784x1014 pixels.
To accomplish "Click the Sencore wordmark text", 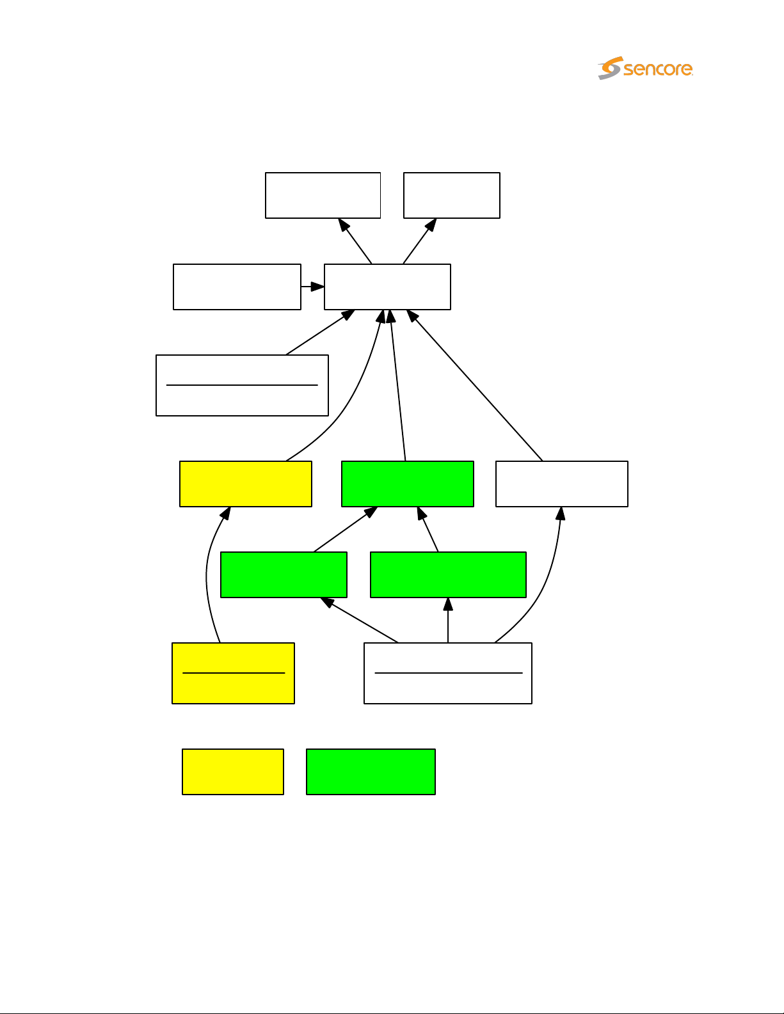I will [x=658, y=69].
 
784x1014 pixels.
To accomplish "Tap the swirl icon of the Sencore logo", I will [x=610, y=68].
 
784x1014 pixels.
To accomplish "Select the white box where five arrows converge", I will [x=387, y=287].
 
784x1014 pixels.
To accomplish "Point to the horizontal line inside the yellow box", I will [x=233, y=673].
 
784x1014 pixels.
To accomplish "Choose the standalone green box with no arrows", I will [x=371, y=772].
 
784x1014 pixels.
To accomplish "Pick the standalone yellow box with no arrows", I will [x=232, y=772].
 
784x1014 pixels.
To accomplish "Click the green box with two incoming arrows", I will [x=407, y=484].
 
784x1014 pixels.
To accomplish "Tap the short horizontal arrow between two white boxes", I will [x=312, y=287].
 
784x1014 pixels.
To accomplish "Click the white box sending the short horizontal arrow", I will [x=237, y=287].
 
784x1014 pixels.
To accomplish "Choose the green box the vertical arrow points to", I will [x=448, y=574].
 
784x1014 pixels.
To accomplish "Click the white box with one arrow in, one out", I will [x=561, y=484].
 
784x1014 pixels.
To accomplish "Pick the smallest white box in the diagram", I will [x=451, y=195].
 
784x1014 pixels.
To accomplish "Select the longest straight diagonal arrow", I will [x=477, y=387].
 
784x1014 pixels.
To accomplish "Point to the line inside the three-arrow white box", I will [x=448, y=673].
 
